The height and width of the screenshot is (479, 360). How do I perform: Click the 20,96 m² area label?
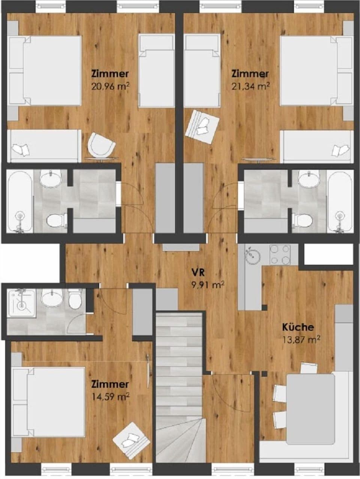pyautogui.click(x=110, y=87)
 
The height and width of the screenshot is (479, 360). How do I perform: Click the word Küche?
pyautogui.click(x=298, y=327)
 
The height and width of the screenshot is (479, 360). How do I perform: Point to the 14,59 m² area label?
pyautogui.click(x=110, y=396)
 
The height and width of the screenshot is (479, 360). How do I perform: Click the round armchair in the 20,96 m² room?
pyautogui.click(x=100, y=145)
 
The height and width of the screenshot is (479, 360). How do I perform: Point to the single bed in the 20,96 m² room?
pyautogui.click(x=156, y=71)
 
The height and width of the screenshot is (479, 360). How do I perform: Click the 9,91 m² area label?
pyautogui.click(x=207, y=285)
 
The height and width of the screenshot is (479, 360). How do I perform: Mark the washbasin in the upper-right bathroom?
pyautogui.click(x=308, y=179)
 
